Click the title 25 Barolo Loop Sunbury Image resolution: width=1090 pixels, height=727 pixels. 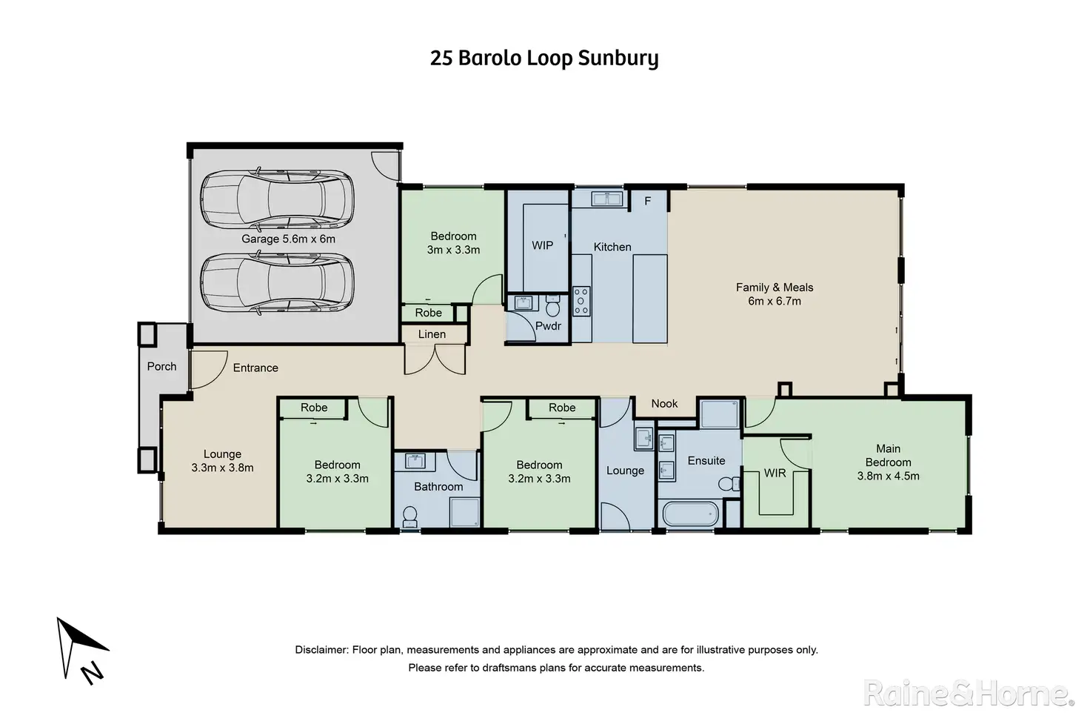(544, 59)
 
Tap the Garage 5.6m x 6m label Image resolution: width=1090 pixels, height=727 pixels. (289, 239)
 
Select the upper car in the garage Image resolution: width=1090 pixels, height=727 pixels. (277, 199)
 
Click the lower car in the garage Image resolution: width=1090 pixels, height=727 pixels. (277, 282)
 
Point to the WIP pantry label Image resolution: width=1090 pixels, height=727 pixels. (542, 245)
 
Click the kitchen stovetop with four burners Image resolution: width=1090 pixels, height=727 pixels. (581, 301)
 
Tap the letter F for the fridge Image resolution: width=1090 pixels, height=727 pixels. (648, 201)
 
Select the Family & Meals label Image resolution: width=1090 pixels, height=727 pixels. (775, 294)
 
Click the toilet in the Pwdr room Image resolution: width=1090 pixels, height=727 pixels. (553, 306)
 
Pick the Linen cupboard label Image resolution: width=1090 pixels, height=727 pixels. (432, 334)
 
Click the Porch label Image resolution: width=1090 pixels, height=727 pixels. (162, 366)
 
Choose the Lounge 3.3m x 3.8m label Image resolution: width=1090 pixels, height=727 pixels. (222, 461)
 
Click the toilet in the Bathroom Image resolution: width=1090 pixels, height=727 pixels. (410, 517)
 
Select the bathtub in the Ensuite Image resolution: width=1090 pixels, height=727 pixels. (690, 514)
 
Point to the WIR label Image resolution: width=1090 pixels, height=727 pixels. (775, 474)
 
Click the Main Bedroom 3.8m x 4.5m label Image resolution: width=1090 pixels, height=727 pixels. (888, 462)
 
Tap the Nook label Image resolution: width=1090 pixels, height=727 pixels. (664, 404)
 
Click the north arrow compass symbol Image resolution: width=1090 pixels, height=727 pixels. (81, 651)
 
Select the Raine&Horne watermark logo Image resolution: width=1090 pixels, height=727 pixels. (969, 694)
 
